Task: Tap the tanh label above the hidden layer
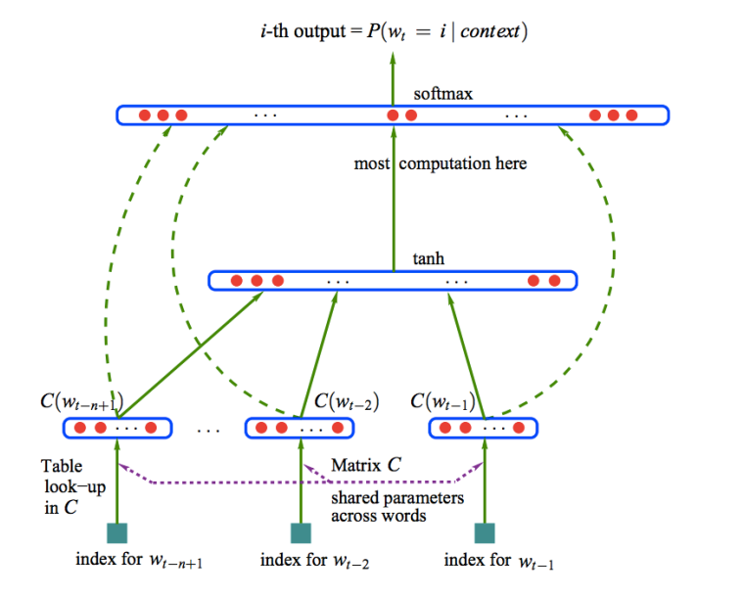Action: (429, 261)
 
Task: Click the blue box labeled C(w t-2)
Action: (299, 428)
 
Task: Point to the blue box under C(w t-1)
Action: (484, 428)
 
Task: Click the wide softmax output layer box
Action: (393, 115)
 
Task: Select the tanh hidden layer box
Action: (393, 281)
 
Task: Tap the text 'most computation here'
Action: (441, 163)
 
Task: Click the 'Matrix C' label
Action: (365, 466)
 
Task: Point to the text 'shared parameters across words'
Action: (396, 506)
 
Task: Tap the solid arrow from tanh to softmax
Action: (394, 196)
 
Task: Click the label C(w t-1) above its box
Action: (443, 401)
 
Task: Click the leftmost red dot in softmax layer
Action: (144, 115)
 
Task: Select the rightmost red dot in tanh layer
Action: (554, 281)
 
